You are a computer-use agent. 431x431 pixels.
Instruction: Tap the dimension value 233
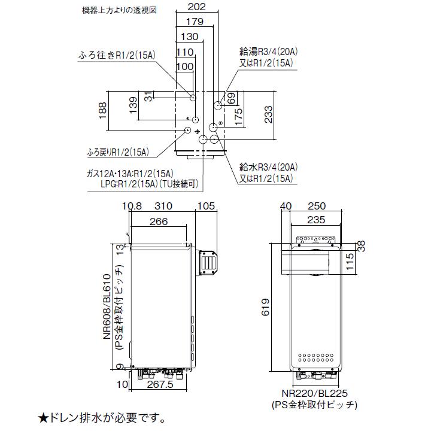(x=268, y=114)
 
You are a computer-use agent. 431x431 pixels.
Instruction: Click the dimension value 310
(x=162, y=206)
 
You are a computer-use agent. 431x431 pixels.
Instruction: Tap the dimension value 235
(x=315, y=218)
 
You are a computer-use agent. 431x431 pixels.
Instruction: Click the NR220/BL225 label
(x=315, y=394)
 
